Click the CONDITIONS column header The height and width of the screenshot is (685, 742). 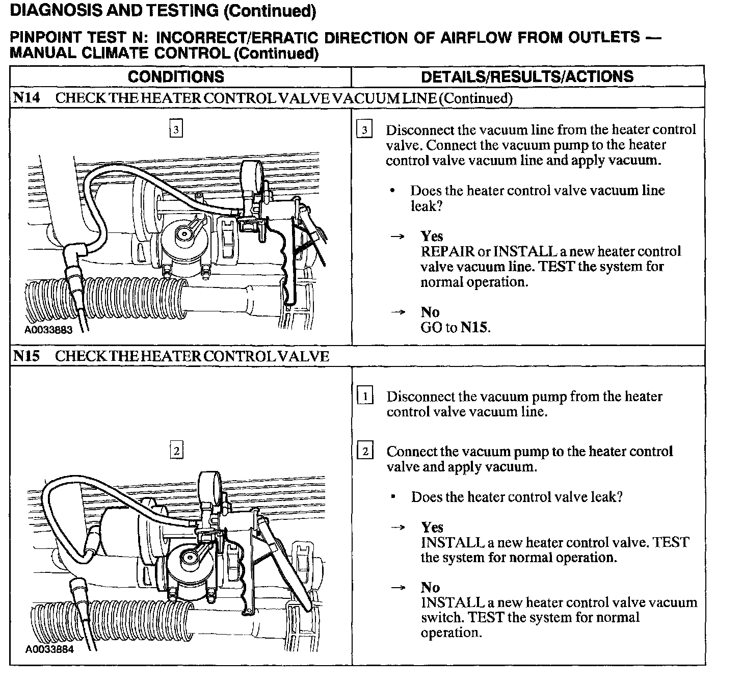tap(176, 77)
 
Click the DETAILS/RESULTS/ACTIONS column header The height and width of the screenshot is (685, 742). tap(527, 77)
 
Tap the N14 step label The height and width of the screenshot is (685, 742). tap(26, 98)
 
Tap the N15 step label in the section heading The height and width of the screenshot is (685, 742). tap(26, 356)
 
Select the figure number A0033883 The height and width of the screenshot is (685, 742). tap(48, 330)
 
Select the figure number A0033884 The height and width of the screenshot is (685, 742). tap(49, 649)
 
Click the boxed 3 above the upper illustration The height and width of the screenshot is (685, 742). tap(176, 129)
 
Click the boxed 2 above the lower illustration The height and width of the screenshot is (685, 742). tap(176, 451)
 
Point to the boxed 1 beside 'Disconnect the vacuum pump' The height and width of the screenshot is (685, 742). tap(365, 396)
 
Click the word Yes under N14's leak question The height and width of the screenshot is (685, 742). tap(432, 236)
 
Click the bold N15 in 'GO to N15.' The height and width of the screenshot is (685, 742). tap(474, 327)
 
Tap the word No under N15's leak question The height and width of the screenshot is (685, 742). tap(430, 587)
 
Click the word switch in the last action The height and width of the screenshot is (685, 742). tap(441, 618)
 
